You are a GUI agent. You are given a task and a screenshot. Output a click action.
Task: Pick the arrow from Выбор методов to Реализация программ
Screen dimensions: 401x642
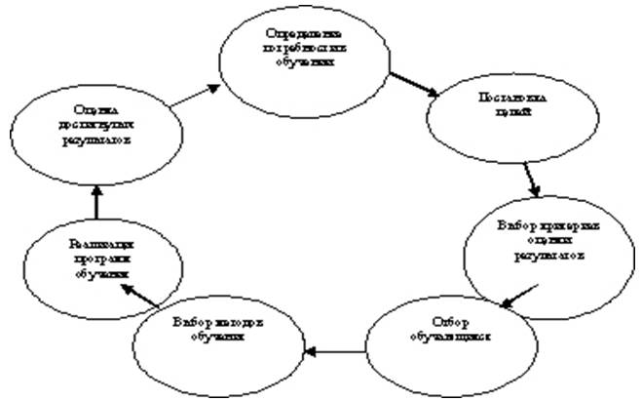[140, 297]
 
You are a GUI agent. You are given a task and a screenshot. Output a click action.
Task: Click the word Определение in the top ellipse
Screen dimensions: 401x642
[304, 36]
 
